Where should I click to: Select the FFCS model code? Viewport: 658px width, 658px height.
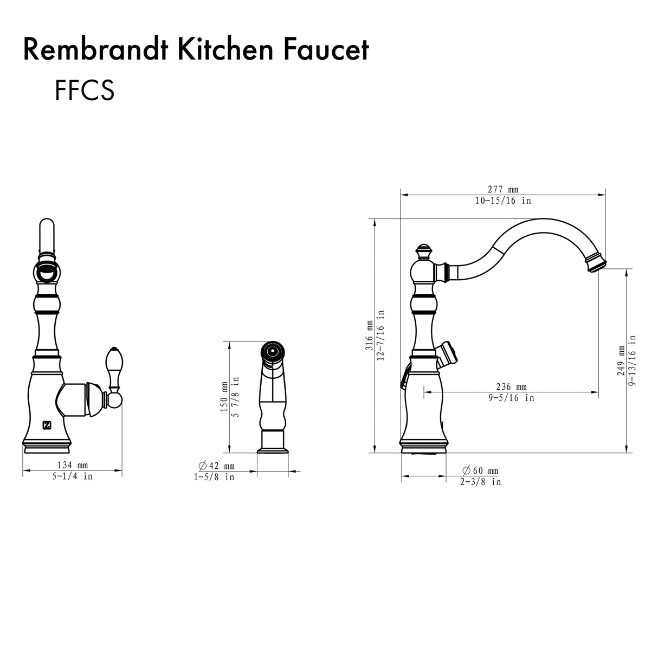click(x=84, y=91)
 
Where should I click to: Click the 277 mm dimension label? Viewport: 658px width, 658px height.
click(x=502, y=189)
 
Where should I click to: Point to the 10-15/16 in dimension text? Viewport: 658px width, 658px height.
click(x=502, y=201)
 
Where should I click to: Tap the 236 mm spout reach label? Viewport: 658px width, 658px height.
click(x=511, y=386)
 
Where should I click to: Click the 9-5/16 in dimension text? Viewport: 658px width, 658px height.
click(x=511, y=398)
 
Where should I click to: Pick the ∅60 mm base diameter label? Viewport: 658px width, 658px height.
click(x=480, y=470)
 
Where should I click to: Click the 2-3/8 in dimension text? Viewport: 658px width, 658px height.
click(x=480, y=482)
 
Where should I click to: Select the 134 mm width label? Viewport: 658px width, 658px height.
click(x=72, y=465)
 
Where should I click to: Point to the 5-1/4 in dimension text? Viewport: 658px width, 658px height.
click(x=72, y=476)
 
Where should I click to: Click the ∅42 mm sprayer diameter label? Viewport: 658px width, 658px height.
click(x=217, y=466)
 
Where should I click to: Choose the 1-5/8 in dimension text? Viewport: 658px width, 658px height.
click(x=215, y=478)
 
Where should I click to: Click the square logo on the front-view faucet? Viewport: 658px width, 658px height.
click(x=47, y=424)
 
